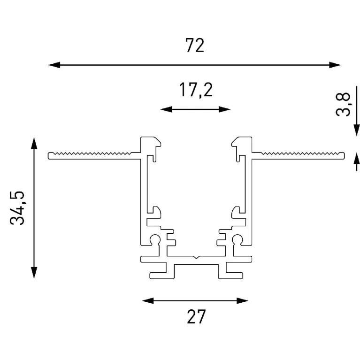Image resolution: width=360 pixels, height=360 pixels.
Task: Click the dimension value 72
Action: [195, 46]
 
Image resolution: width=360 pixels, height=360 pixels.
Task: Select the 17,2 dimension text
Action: [196, 90]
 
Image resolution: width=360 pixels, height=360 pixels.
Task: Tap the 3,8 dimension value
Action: [345, 104]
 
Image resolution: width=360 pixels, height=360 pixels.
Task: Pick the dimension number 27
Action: [196, 317]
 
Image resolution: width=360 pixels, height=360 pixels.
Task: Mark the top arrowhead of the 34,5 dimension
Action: [34, 142]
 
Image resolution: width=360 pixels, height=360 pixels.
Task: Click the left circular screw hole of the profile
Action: [155, 240]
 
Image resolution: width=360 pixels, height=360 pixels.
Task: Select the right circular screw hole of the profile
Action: [236, 240]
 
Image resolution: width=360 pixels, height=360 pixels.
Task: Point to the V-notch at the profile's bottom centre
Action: [196, 258]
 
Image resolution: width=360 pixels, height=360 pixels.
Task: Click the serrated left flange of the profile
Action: [94, 155]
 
